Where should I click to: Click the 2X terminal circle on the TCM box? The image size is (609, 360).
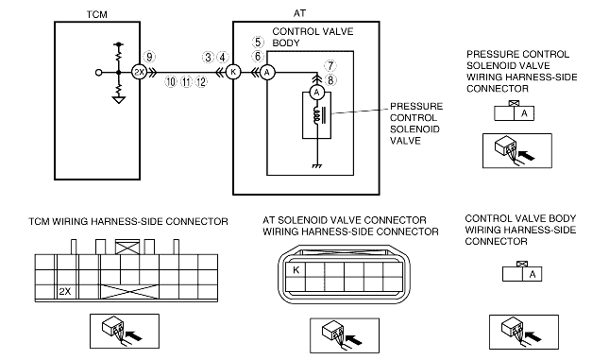click(139, 72)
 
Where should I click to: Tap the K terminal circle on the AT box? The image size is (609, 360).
click(233, 72)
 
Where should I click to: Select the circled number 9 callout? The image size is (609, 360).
click(149, 57)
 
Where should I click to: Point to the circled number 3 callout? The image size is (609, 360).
click(208, 58)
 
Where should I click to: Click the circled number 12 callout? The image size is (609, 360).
click(201, 82)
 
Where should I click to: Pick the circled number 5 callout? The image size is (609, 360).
click(258, 42)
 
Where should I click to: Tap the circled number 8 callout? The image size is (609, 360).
click(330, 80)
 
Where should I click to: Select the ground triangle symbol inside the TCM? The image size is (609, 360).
click(118, 100)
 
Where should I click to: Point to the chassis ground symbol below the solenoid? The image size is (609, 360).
click(317, 166)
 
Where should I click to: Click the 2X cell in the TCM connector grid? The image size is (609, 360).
click(65, 292)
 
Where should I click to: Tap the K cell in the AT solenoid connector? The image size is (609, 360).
click(296, 270)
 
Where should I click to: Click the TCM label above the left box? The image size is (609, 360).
click(96, 14)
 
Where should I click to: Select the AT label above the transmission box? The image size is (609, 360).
click(299, 13)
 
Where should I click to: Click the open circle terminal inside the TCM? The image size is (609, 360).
click(98, 73)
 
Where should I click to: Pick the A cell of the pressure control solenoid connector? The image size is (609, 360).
click(524, 113)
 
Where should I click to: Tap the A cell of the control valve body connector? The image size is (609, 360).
click(533, 274)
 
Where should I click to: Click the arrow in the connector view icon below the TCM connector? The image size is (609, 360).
click(134, 334)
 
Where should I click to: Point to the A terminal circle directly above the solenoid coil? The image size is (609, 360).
click(317, 93)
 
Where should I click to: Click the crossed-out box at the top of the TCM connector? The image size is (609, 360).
click(127, 248)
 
